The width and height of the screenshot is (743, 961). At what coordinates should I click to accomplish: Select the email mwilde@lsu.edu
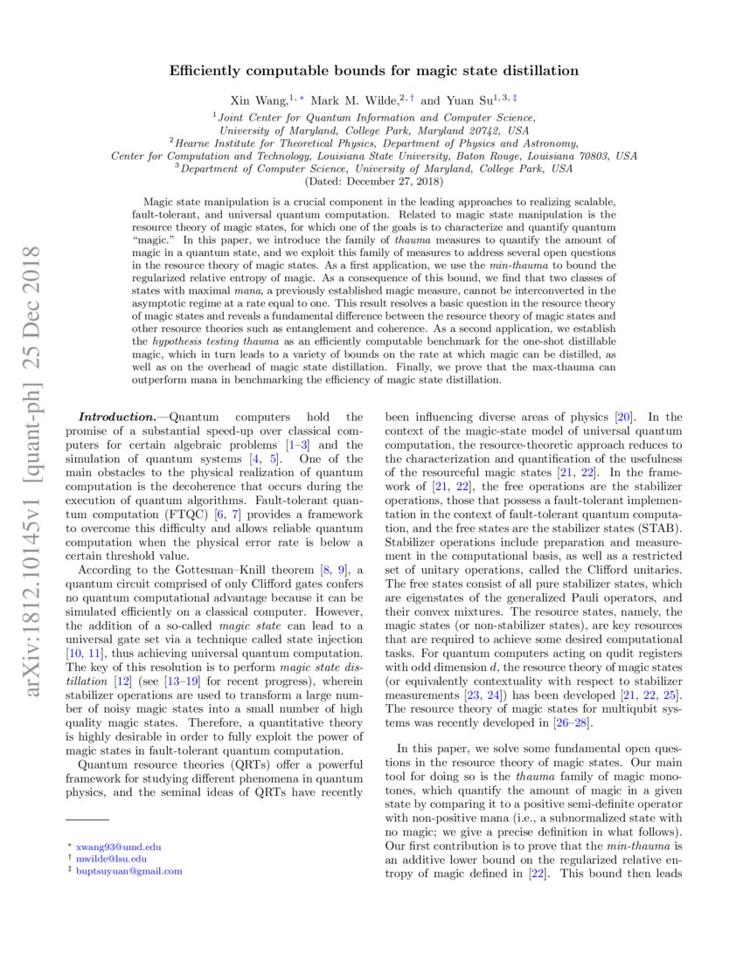click(114, 859)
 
